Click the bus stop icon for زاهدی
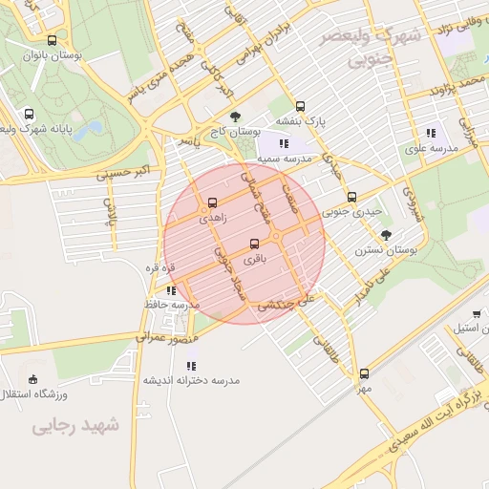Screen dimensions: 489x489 pyautogui.click(x=212, y=202)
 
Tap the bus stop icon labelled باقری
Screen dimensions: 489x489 pyautogui.click(x=254, y=244)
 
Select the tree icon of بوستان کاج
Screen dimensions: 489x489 pyautogui.click(x=235, y=117)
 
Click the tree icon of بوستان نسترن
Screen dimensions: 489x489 pyautogui.click(x=386, y=235)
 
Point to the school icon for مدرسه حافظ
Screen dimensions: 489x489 pyautogui.click(x=171, y=290)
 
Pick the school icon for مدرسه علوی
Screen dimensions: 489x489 pyautogui.click(x=431, y=134)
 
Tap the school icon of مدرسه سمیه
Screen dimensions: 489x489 pyautogui.click(x=283, y=143)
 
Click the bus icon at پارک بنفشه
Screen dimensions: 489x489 pyautogui.click(x=301, y=107)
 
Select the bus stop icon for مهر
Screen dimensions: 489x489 pyautogui.click(x=364, y=374)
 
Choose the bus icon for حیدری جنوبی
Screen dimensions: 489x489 pyautogui.click(x=351, y=198)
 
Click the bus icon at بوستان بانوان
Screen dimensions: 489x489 pyautogui.click(x=52, y=40)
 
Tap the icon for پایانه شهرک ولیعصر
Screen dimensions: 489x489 pyautogui.click(x=29, y=114)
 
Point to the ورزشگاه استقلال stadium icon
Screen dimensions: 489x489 pyautogui.click(x=34, y=379)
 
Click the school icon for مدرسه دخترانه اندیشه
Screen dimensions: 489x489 pyautogui.click(x=192, y=365)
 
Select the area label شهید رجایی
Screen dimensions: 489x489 pyautogui.click(x=76, y=426)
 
